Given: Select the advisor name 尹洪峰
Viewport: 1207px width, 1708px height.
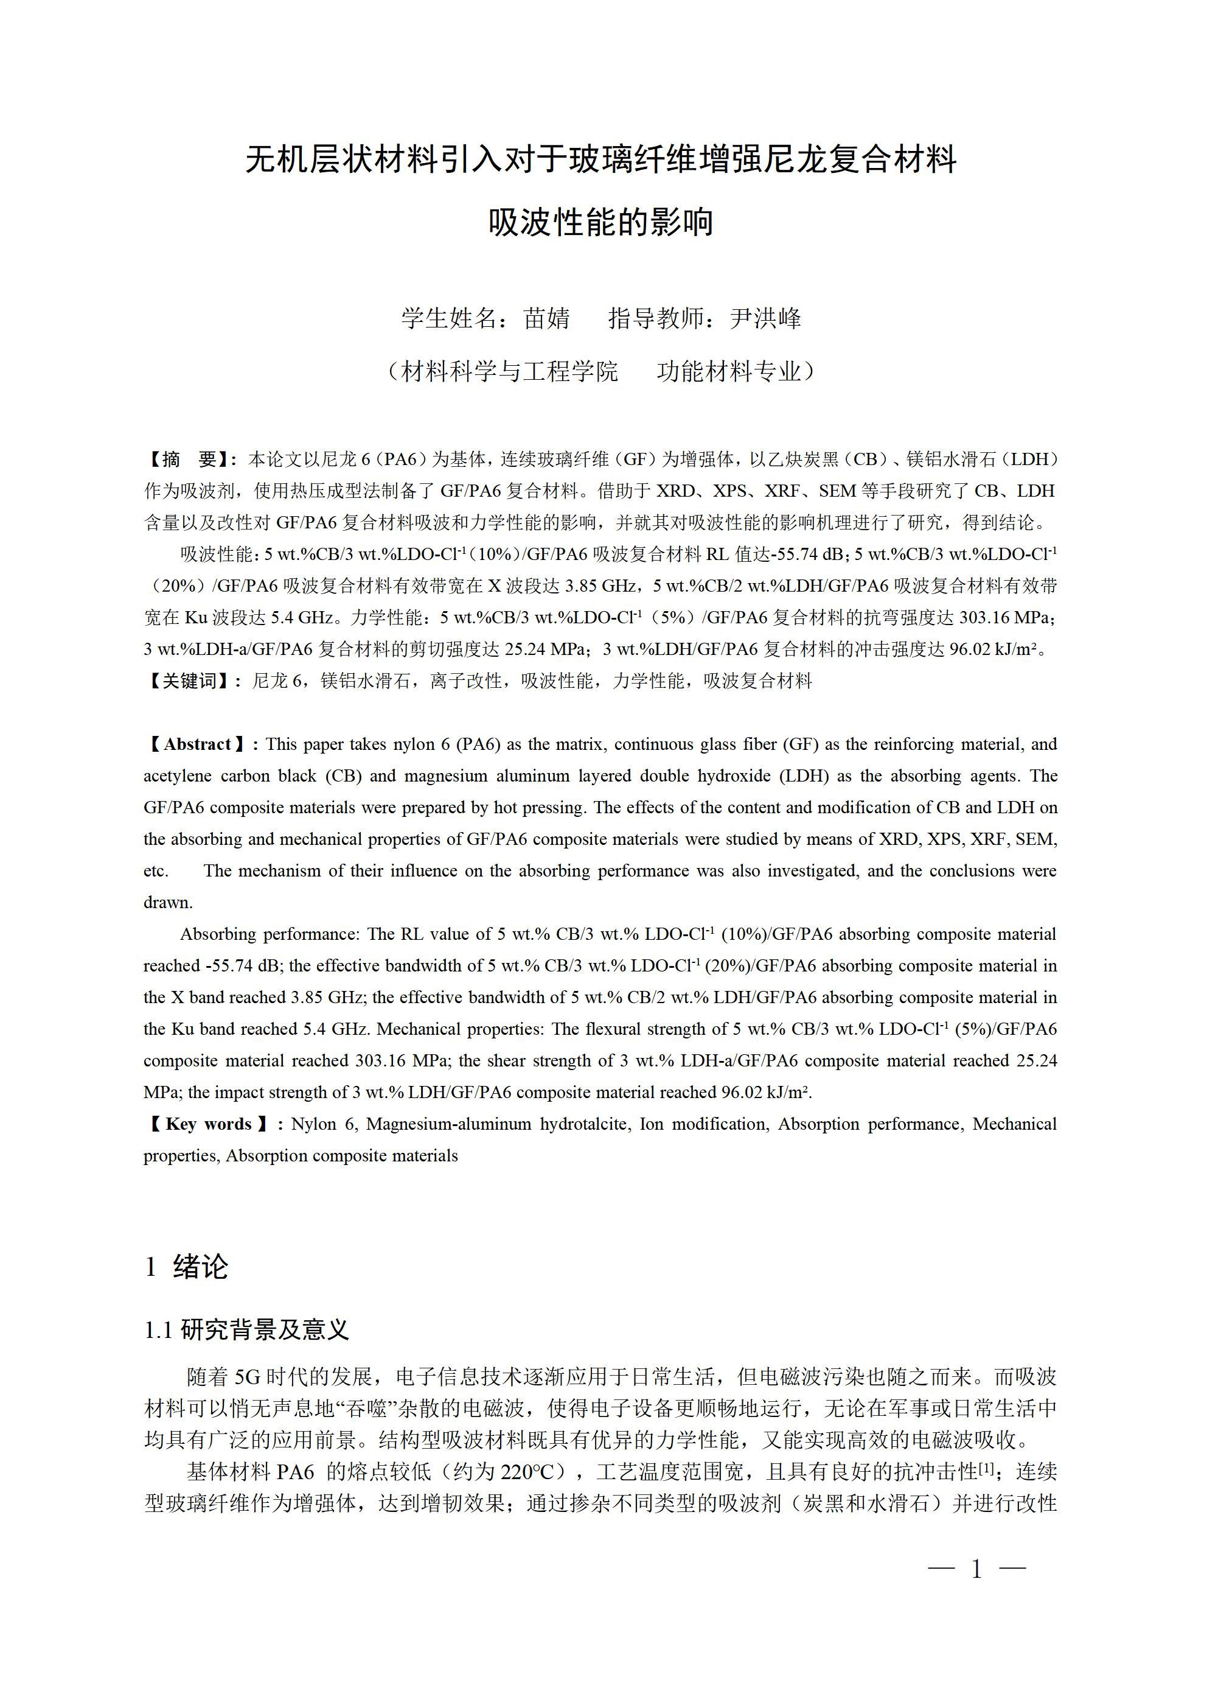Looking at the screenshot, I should tap(765, 318).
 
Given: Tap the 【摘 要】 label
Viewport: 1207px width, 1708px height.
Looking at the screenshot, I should tap(189, 459).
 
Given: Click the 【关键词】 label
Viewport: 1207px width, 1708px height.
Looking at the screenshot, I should tap(189, 681).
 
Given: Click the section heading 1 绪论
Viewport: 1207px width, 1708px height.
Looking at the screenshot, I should tap(187, 1266).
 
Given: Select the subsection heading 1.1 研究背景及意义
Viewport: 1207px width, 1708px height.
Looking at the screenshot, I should tap(246, 1329).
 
